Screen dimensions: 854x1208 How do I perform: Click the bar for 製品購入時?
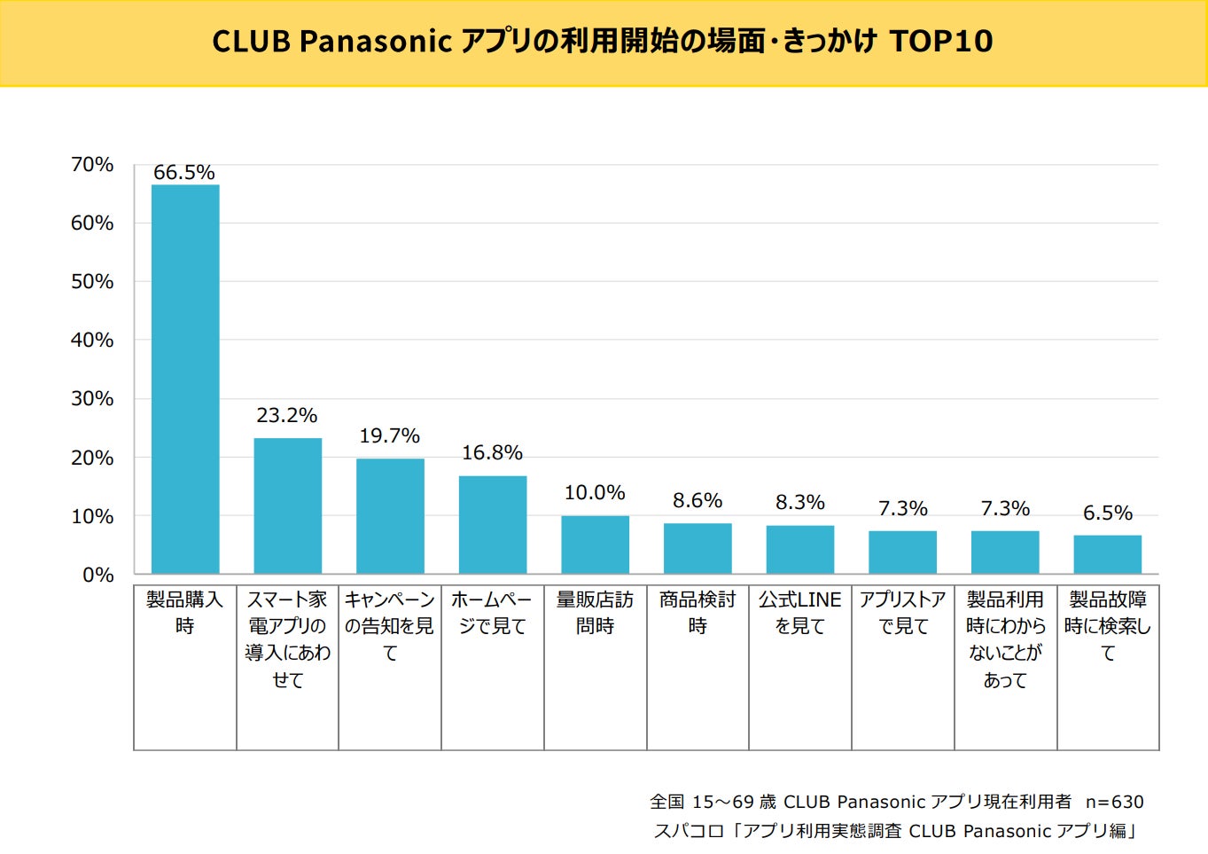[x=185, y=379]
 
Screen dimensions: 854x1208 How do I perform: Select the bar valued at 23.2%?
[x=287, y=505]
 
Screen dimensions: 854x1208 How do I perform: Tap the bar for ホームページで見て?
[x=492, y=524]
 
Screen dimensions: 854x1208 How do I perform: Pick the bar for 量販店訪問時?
[x=595, y=545]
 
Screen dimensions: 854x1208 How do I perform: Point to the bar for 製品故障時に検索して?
[x=1107, y=554]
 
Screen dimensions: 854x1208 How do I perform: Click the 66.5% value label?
[x=184, y=172]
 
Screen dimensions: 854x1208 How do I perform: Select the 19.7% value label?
[x=389, y=435]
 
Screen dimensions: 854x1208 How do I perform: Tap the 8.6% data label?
[x=698, y=500]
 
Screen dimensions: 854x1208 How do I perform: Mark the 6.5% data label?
[x=1107, y=513]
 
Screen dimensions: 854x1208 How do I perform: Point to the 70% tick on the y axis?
[x=92, y=165]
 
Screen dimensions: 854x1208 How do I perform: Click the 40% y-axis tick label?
[x=92, y=340]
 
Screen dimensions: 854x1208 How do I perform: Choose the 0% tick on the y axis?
[x=97, y=575]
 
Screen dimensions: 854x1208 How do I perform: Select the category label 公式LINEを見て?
[x=799, y=613]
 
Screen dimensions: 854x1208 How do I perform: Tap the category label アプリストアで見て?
[x=902, y=613]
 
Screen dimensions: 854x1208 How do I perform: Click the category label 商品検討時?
[x=698, y=613]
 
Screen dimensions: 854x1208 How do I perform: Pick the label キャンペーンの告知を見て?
[x=389, y=626]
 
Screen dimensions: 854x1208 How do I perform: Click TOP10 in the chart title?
[x=940, y=41]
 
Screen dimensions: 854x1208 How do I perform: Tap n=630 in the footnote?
[x=1114, y=802]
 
